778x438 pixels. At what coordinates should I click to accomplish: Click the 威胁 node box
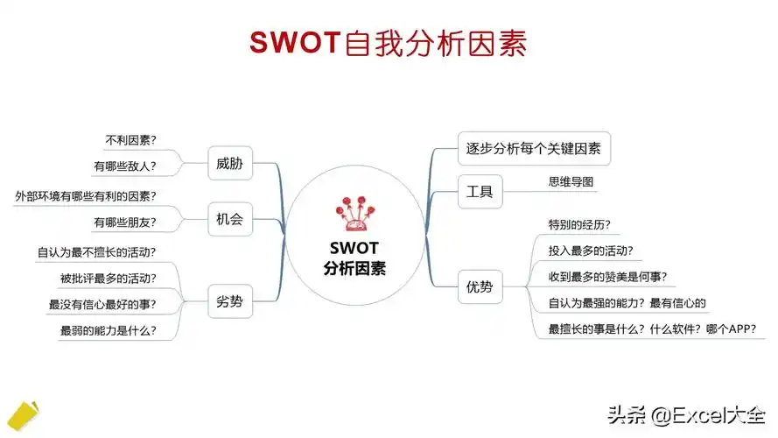229,163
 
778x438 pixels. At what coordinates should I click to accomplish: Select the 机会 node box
229,219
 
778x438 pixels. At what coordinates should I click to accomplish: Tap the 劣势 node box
229,303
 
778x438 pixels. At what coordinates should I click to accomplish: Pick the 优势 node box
480,286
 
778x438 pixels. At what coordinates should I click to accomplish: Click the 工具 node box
480,191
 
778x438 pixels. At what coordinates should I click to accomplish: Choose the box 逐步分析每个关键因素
534,148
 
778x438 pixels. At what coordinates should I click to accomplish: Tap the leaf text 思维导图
571,181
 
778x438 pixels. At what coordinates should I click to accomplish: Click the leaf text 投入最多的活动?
591,251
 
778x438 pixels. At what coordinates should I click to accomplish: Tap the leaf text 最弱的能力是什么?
109,330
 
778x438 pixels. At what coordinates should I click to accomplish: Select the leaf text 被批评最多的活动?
109,279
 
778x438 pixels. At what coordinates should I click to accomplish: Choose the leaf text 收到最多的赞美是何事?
607,277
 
